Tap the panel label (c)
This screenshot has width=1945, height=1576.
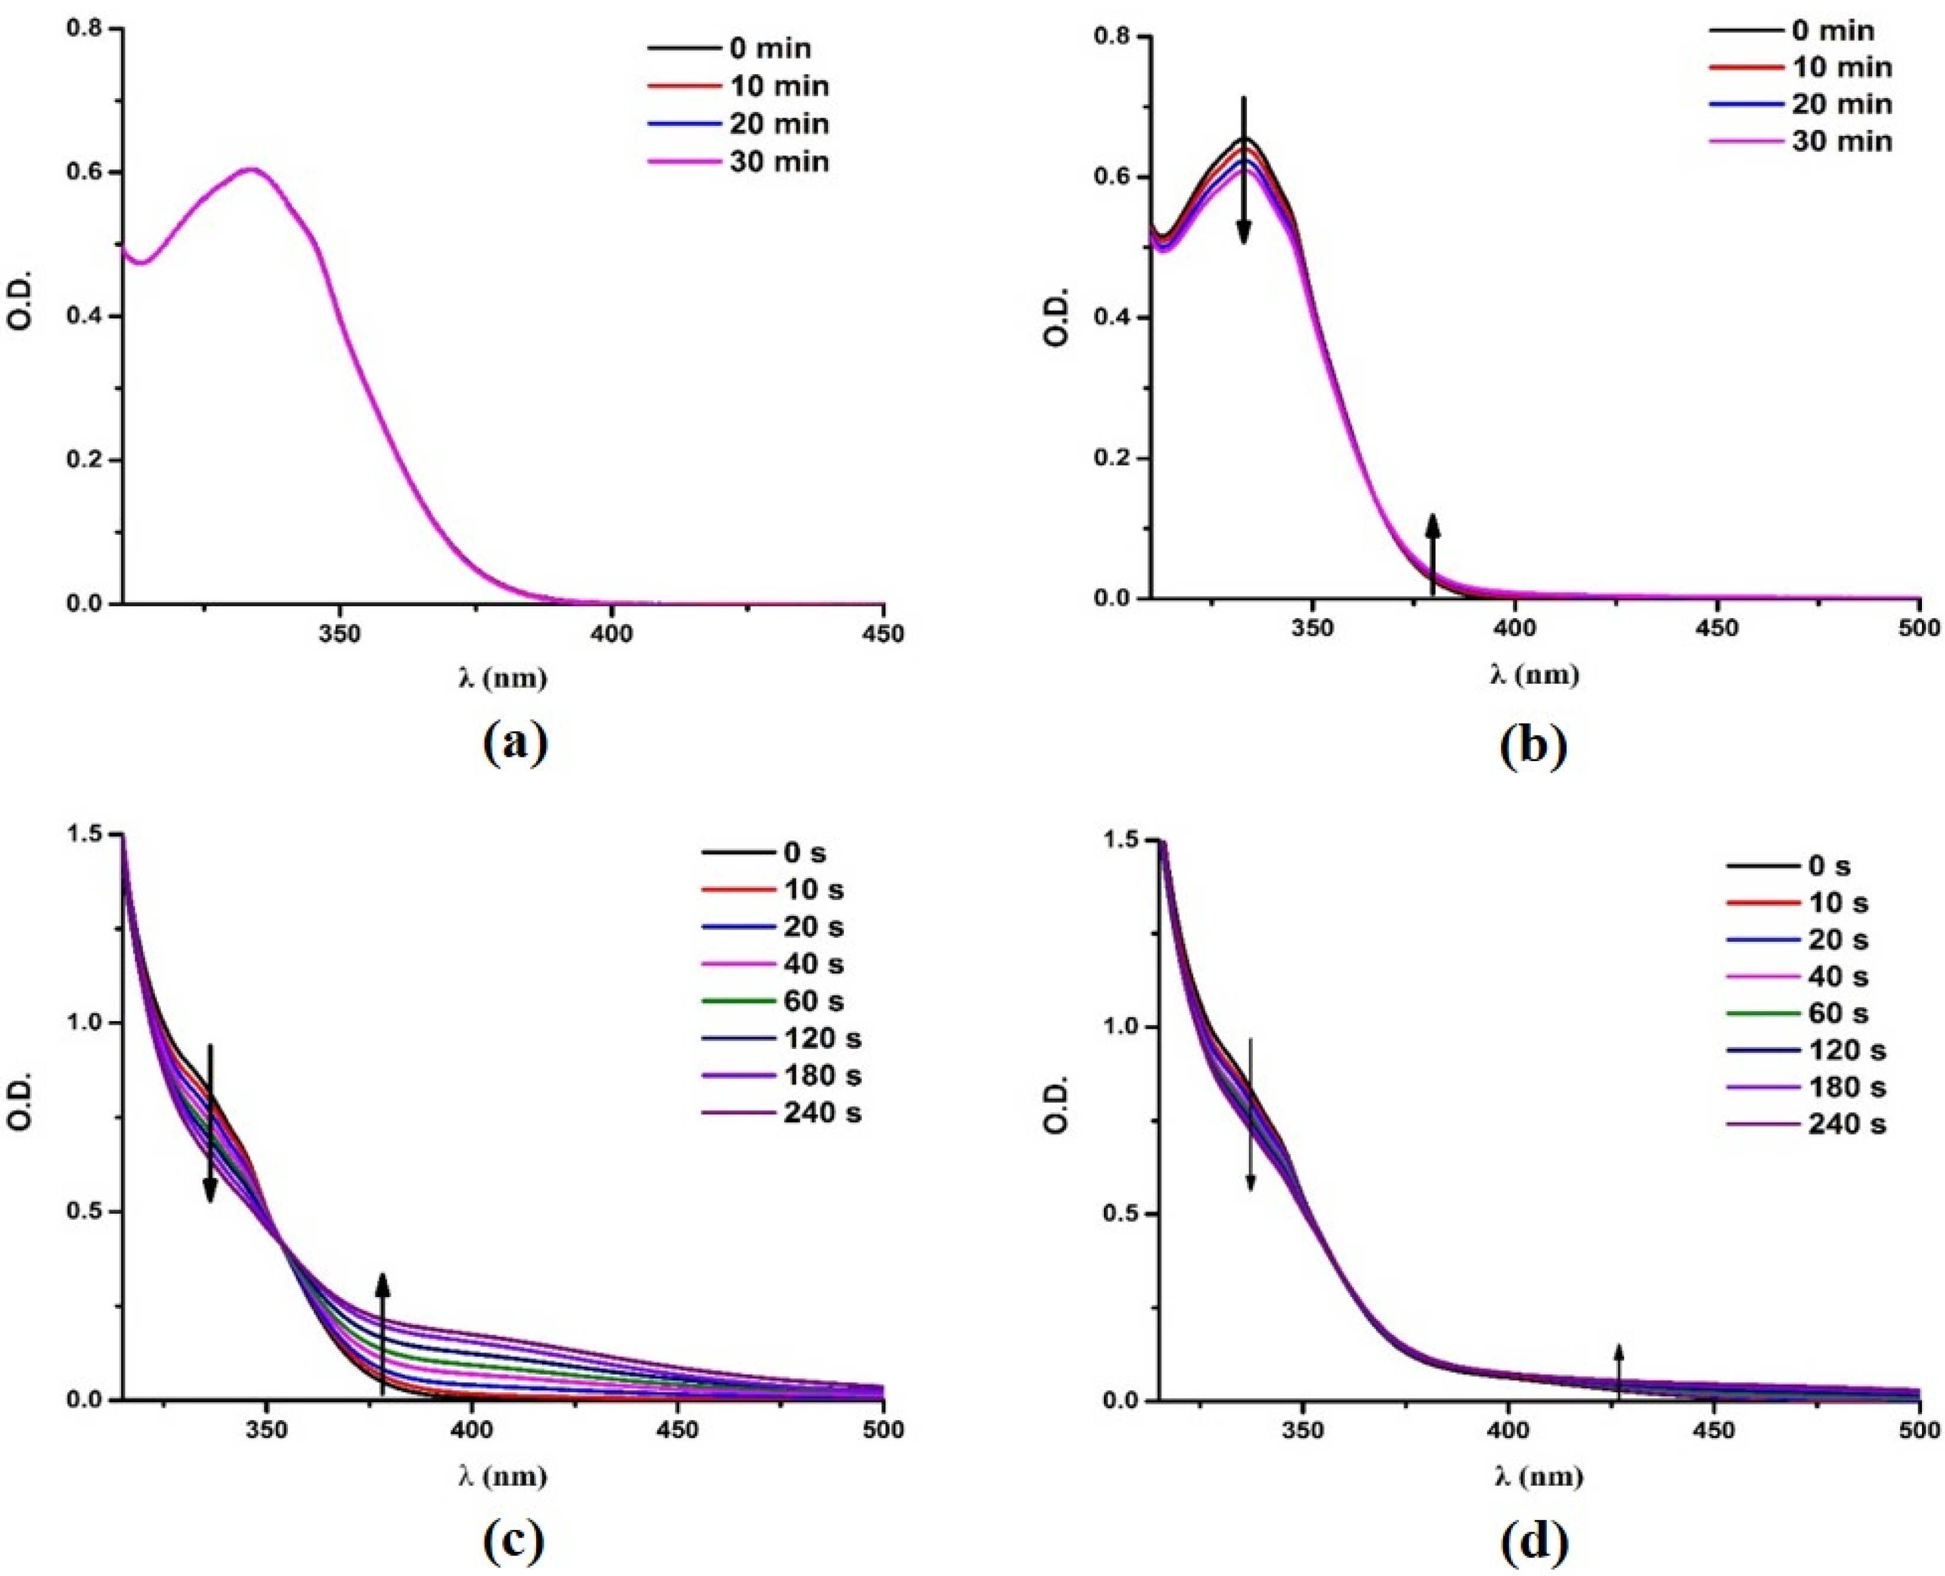point(514,1540)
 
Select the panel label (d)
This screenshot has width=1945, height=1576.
point(1532,1541)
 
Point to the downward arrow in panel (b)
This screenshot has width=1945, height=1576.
point(1244,171)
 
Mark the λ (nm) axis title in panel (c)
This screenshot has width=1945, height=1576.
point(502,1477)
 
